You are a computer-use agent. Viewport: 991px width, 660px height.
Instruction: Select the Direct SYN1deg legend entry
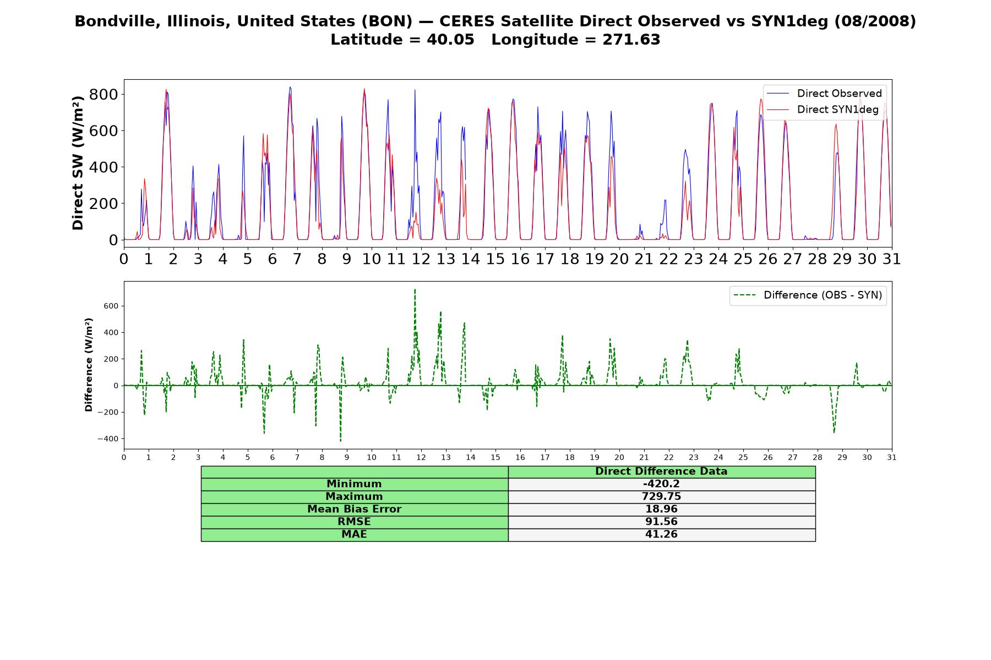pyautogui.click(x=823, y=109)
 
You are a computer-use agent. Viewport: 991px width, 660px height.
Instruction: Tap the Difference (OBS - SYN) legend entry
pyautogui.click(x=808, y=295)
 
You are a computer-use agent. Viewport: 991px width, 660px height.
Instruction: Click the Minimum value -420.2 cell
pyautogui.click(x=661, y=484)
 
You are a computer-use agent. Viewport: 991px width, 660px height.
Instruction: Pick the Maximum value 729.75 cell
pyautogui.click(x=661, y=497)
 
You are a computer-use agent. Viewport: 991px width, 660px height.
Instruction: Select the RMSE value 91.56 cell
pyautogui.click(x=661, y=522)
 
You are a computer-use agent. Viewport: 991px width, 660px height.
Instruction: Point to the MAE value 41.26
pyautogui.click(x=661, y=535)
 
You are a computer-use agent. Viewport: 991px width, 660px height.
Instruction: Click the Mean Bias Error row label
pyautogui.click(x=354, y=509)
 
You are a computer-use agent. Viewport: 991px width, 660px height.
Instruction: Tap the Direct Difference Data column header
pyautogui.click(x=661, y=471)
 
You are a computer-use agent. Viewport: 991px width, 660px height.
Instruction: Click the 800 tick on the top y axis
pyautogui.click(x=104, y=95)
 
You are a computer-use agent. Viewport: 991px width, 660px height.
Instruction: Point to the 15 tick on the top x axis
pyautogui.click(x=495, y=259)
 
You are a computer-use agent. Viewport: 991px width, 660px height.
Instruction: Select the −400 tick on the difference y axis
pyautogui.click(x=108, y=439)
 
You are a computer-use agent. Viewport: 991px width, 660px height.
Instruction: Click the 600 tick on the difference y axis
pyautogui.click(x=112, y=306)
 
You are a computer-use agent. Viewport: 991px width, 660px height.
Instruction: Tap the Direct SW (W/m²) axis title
pyautogui.click(x=78, y=163)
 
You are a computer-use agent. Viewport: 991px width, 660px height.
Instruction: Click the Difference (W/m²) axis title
pyautogui.click(x=89, y=365)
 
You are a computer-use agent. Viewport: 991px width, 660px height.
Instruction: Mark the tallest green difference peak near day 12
pyautogui.click(x=415, y=289)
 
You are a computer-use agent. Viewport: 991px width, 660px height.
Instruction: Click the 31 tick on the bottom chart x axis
pyautogui.click(x=892, y=457)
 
